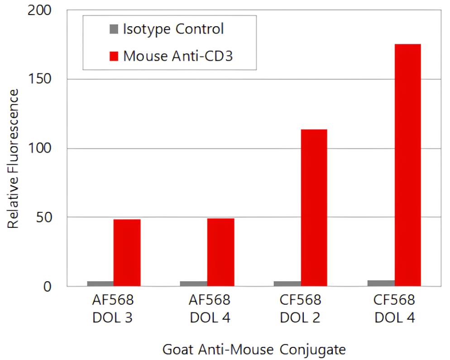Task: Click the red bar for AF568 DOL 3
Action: [127, 253]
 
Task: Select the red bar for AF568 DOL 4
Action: [220, 252]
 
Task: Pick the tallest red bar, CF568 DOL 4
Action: [407, 165]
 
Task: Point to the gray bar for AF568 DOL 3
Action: [100, 283]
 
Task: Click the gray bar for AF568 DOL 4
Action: [194, 283]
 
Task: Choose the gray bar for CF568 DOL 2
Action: [287, 283]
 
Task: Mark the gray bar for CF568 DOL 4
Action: [381, 283]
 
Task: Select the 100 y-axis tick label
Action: [40, 149]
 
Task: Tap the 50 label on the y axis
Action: [44, 217]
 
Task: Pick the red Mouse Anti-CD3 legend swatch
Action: [113, 56]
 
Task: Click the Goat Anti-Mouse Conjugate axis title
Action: [254, 350]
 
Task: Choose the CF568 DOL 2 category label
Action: [300, 308]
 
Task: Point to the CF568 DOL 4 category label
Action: [394, 308]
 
